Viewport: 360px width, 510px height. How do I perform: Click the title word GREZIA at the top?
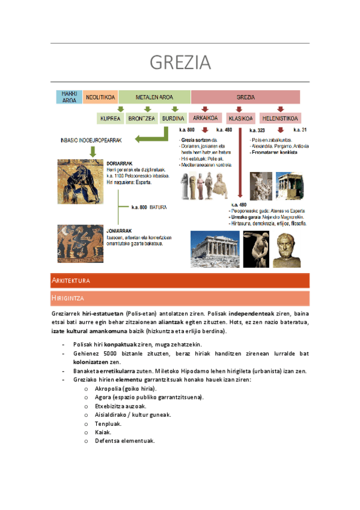tap(180, 62)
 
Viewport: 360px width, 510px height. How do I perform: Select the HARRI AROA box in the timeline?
tap(69, 97)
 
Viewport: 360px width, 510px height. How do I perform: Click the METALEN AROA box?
tap(154, 97)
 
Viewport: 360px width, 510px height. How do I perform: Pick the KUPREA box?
tap(111, 118)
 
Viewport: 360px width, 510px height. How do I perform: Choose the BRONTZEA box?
tap(142, 118)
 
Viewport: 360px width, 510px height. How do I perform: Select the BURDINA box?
tap(173, 118)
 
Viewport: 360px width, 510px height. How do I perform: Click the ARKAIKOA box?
tap(204, 118)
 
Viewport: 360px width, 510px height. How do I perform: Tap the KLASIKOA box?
tap(240, 118)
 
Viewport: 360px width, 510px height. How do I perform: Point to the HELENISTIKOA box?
tap(280, 118)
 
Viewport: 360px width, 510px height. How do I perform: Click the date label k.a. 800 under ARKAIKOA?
tap(187, 130)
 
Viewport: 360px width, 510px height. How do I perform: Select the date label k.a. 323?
tap(257, 130)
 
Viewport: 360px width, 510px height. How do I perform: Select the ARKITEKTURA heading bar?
tap(180, 281)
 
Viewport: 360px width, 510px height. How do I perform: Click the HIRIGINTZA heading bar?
tap(180, 298)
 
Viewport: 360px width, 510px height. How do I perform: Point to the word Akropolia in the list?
tap(109, 389)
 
